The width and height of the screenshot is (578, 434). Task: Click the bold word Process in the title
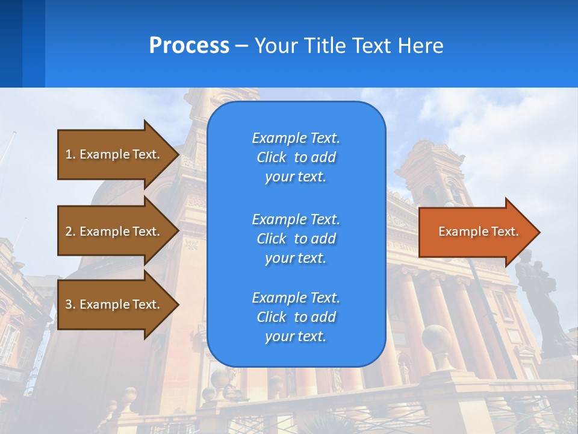(189, 45)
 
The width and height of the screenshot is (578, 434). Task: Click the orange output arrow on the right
(476, 232)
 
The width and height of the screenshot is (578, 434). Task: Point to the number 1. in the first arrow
(70, 154)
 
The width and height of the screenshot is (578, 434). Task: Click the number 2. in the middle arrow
(70, 231)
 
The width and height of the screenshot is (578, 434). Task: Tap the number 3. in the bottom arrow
(70, 304)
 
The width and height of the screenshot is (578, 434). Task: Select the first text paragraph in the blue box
(296, 157)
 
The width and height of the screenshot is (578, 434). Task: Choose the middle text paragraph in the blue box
(296, 238)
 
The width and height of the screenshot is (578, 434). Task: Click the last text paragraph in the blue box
(296, 317)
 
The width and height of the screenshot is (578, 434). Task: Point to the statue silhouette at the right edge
(542, 295)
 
